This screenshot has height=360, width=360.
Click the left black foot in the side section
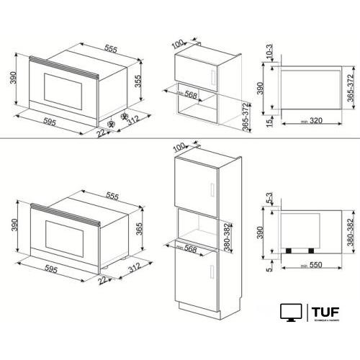click(289, 251)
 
